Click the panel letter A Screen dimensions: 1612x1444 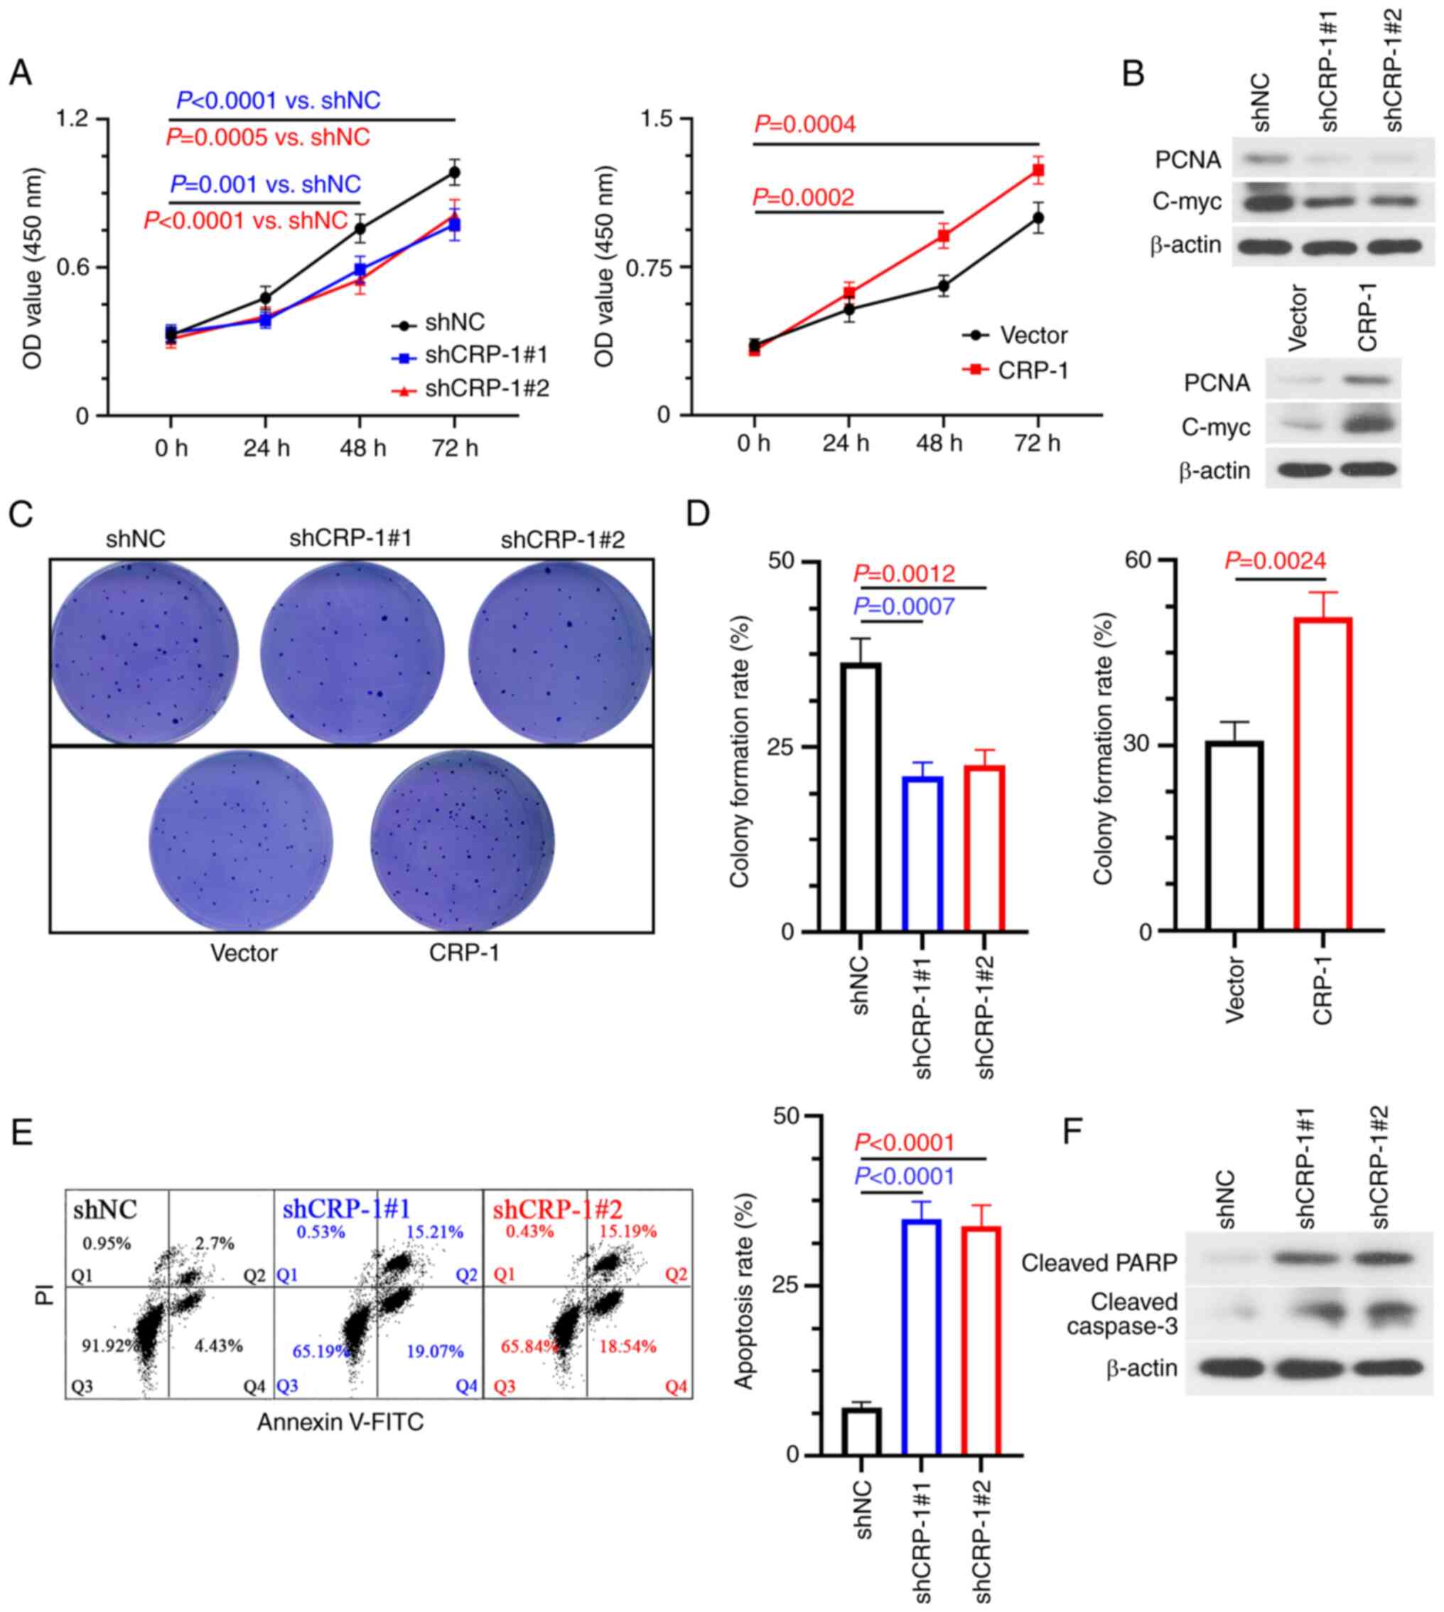pos(21,74)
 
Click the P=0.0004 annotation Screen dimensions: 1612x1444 pos(804,124)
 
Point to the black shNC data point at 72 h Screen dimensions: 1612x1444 pos(455,171)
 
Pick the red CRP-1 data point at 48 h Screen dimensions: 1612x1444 pos(943,236)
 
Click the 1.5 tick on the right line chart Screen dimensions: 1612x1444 pos(655,119)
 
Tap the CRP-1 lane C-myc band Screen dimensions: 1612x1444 pos(1367,427)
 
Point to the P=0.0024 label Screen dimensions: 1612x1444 pos(1275,561)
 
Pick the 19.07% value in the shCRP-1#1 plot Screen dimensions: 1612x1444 pos(435,1351)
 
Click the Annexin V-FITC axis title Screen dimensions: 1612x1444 pos(340,1421)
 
